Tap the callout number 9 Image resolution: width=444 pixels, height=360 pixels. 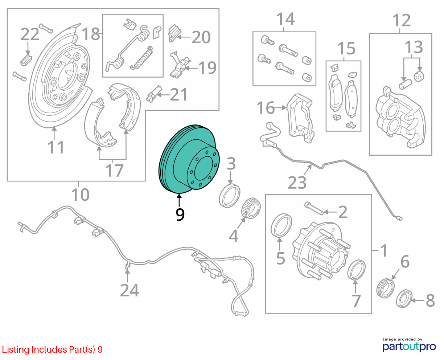tap(180, 214)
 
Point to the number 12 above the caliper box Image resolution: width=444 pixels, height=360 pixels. tap(401, 20)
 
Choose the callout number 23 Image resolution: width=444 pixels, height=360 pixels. tap(297, 182)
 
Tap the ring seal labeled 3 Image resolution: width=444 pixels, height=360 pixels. tap(229, 196)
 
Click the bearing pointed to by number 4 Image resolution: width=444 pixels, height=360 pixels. tap(251, 208)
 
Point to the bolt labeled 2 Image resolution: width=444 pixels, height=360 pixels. tap(314, 208)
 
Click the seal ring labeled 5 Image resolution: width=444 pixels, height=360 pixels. tap(281, 225)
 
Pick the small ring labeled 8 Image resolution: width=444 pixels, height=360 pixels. tap(404, 299)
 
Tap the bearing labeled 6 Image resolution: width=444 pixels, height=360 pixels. tap(386, 288)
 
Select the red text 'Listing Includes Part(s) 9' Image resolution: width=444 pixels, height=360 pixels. tap(52, 350)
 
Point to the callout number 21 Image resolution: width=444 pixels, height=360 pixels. tap(178, 95)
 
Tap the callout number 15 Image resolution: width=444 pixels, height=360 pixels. tap(346, 48)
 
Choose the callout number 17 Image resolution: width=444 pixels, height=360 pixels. tap(114, 171)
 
